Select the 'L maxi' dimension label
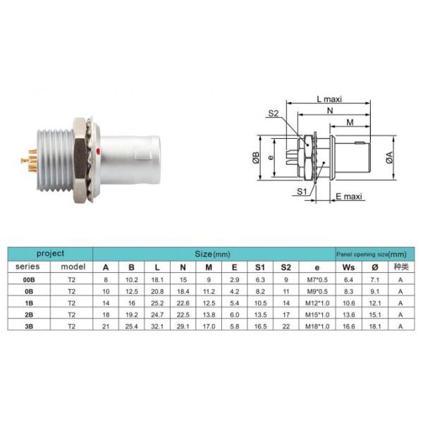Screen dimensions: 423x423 pos(328,100)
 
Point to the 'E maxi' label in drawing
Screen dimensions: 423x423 pos(348,197)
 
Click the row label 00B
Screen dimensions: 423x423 pos(29,279)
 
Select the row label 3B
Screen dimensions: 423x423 pos(29,326)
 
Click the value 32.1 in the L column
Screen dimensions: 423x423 pos(157,326)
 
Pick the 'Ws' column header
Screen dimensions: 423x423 pos(348,267)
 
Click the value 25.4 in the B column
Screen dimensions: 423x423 pos(131,326)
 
